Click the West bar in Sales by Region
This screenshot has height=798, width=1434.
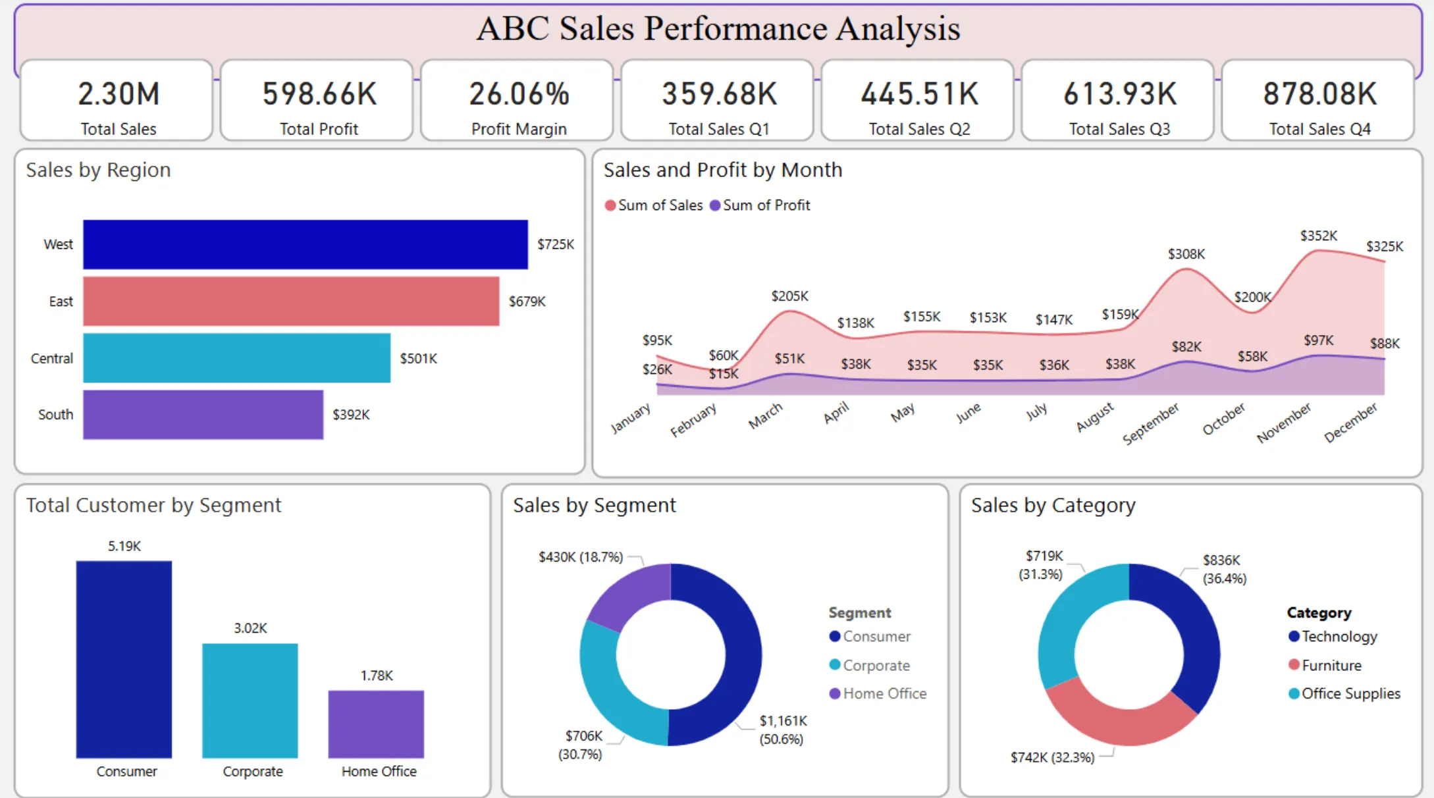coord(305,244)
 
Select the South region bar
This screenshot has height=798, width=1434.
coord(203,415)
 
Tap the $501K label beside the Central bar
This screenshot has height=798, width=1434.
coord(418,359)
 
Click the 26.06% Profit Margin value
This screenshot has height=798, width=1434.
coord(519,94)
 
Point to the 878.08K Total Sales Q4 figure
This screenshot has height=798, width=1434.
coord(1319,94)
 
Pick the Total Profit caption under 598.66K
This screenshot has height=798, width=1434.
coord(319,129)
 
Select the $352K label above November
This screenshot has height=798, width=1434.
coord(1318,236)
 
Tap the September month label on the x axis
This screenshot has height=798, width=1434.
coord(1151,423)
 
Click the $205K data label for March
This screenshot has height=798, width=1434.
coord(789,296)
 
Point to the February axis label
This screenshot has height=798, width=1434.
coord(693,420)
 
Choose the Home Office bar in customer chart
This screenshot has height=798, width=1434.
coord(376,724)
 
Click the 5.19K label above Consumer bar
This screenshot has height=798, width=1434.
coord(124,546)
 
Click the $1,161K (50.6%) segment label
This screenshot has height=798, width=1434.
coord(782,730)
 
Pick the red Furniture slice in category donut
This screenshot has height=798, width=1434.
coord(1119,718)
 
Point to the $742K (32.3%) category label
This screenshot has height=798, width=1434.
coord(1052,757)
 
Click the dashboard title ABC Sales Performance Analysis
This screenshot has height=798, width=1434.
coord(718,29)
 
